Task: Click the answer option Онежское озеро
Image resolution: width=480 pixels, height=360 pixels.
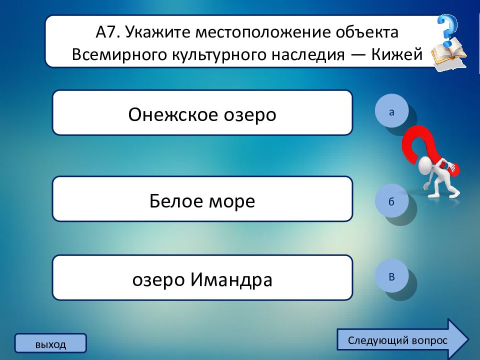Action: pos(202,112)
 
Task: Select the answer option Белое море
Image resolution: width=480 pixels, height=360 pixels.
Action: pos(202,198)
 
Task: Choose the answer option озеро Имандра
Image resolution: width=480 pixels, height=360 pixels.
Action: pos(202,277)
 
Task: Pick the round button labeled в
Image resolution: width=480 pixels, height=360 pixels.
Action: pos(391,276)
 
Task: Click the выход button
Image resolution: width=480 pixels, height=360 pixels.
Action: pos(50,343)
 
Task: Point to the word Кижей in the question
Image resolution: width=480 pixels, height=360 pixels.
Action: pos(397,54)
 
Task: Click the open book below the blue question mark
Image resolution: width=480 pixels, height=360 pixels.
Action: pos(449,54)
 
